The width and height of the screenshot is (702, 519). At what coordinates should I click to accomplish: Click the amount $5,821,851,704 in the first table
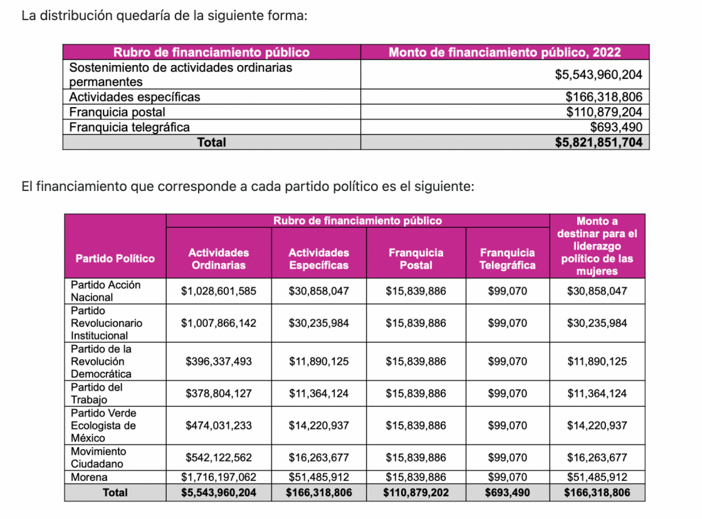click(599, 142)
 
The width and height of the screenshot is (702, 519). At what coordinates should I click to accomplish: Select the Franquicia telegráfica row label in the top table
click(129, 127)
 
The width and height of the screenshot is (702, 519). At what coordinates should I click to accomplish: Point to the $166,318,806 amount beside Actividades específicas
click(604, 96)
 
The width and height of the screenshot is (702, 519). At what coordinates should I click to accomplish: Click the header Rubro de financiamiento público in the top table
click(211, 53)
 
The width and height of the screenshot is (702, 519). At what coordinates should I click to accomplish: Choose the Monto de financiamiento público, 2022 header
click(505, 53)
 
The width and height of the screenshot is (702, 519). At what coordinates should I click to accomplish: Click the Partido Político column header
click(115, 259)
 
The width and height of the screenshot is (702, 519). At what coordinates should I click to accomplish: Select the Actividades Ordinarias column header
click(219, 259)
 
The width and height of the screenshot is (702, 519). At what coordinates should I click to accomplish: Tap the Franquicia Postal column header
click(416, 259)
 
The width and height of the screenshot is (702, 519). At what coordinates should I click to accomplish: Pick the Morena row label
click(89, 477)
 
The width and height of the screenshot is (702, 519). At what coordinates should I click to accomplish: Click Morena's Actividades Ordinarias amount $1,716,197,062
click(219, 477)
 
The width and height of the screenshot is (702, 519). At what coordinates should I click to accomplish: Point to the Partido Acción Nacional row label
click(106, 291)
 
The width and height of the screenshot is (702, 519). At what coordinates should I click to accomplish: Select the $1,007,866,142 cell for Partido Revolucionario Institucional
click(219, 323)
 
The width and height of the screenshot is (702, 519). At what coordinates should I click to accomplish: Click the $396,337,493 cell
click(219, 361)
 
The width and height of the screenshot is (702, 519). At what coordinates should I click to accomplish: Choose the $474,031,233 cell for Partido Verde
click(219, 425)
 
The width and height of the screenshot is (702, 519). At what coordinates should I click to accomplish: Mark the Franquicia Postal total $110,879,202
click(416, 493)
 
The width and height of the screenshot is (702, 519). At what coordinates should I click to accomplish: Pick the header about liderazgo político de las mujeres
click(597, 246)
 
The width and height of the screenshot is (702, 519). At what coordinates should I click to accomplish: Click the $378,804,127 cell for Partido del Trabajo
click(219, 393)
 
